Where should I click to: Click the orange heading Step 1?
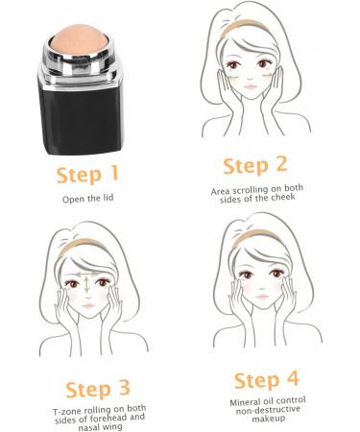coord(87,176)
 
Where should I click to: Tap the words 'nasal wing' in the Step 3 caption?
coord(93,427)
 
